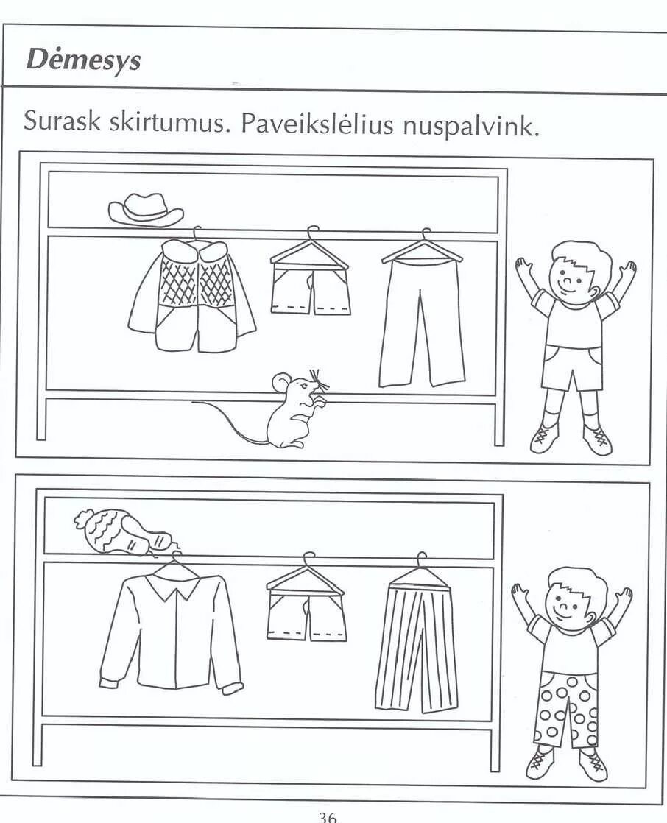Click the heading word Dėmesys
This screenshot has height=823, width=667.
[x=83, y=60]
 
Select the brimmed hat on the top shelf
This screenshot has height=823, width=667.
[x=146, y=210]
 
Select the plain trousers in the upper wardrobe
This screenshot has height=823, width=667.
[x=423, y=324]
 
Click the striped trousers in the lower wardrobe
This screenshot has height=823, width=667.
[x=417, y=648]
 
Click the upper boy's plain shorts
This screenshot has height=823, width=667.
[x=572, y=366]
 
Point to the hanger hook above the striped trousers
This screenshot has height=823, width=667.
[x=421, y=558]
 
